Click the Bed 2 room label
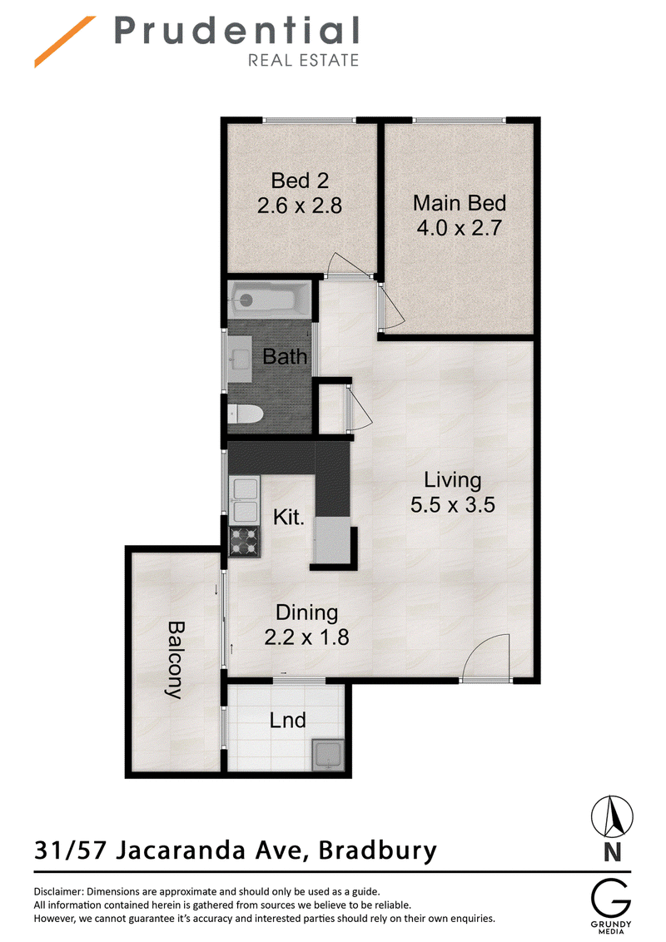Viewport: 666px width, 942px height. point(300,181)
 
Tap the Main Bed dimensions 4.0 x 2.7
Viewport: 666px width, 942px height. point(460,228)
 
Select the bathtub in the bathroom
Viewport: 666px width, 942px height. point(269,300)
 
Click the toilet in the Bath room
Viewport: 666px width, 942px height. point(246,414)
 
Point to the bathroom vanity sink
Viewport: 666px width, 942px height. point(241,359)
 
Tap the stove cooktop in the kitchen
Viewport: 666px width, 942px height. point(245,541)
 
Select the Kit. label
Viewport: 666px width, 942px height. point(289,517)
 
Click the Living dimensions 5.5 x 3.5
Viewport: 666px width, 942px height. point(453,504)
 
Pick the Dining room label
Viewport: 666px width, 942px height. point(306,612)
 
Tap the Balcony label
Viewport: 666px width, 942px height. point(175,660)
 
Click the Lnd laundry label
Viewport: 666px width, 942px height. point(287,720)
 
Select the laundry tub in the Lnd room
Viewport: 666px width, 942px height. point(328,755)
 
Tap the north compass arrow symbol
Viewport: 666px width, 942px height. point(612,816)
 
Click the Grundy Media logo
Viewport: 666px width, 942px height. point(611,906)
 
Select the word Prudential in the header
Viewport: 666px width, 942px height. point(236,31)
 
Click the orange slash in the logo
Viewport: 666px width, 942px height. point(65,42)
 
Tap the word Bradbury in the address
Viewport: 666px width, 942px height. point(377,851)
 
